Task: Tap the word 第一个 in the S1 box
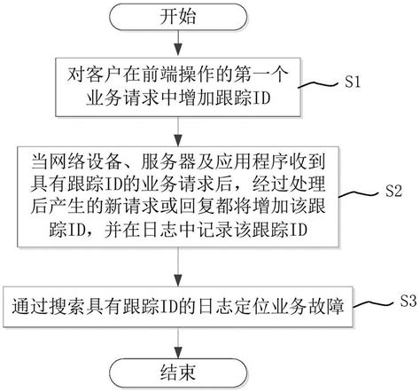click(254, 74)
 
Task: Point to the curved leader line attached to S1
click(322, 85)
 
